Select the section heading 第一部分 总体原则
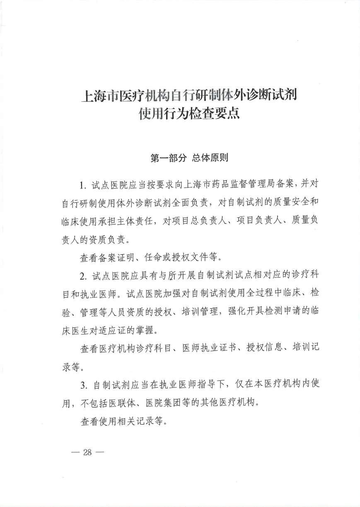coord(189,159)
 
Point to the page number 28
coord(87,452)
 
